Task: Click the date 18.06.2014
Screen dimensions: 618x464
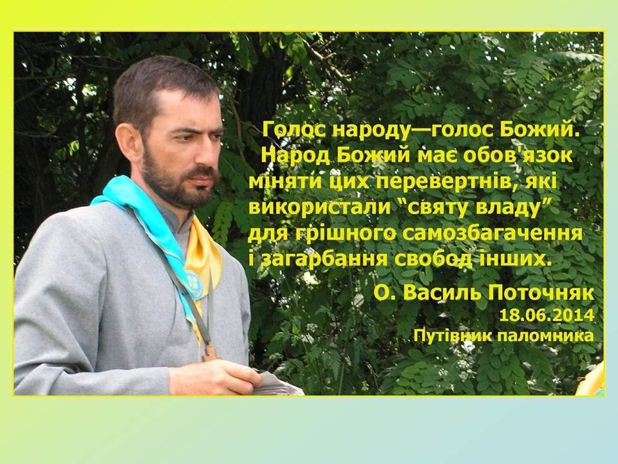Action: [x=547, y=315]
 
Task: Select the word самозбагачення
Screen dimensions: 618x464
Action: [x=492, y=233]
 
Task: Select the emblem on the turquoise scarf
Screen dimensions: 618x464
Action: [x=194, y=284]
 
